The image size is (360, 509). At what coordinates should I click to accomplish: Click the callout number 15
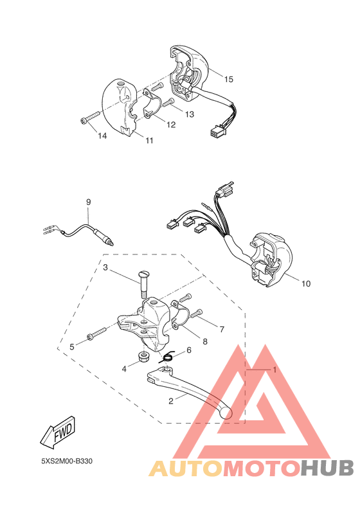point(229,78)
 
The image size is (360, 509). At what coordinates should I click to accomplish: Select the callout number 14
point(102,136)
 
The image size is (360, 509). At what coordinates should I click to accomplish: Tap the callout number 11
point(149,141)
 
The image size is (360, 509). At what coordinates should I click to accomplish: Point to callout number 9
point(89,202)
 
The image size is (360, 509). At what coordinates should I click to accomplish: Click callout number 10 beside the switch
point(305,283)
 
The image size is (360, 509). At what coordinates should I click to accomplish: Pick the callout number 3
point(105,267)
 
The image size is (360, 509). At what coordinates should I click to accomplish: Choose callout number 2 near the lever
point(171,402)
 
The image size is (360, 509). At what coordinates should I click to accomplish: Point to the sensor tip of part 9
point(110,243)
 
